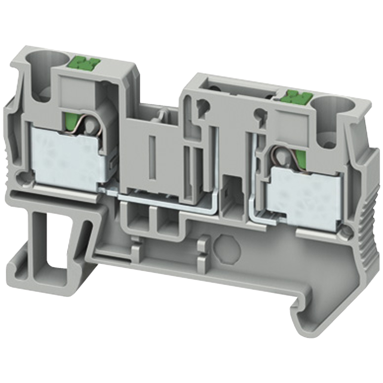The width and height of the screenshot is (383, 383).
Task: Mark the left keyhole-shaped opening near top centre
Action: point(202,104)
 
